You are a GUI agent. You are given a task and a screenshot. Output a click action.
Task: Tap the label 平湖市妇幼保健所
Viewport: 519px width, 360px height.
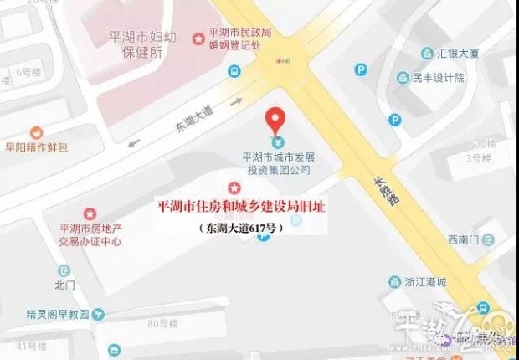tap(145, 45)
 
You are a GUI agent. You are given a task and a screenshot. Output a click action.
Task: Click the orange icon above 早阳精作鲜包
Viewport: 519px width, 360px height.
tap(36, 132)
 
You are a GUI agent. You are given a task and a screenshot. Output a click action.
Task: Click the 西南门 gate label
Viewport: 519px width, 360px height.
tap(465, 240)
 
